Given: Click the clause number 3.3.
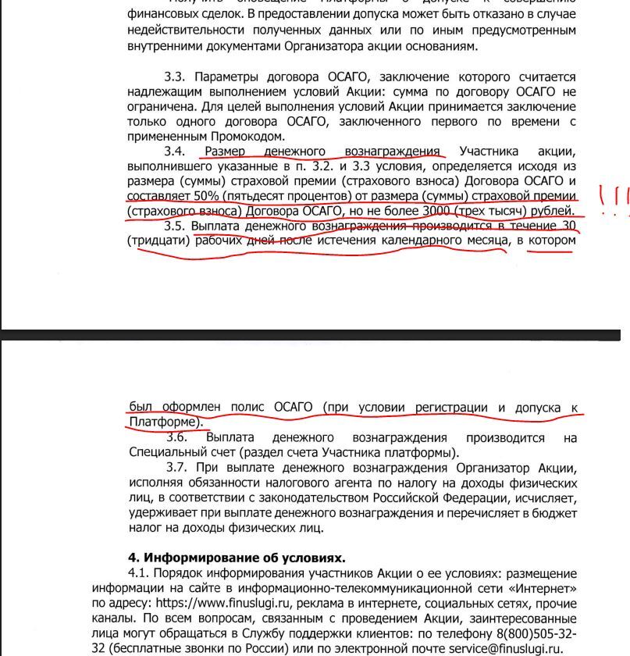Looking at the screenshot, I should pos(174,77).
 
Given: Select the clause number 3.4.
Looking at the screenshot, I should pos(174,151).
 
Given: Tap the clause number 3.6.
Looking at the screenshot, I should pos(176,437).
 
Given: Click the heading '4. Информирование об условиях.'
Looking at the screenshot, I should pos(236,558).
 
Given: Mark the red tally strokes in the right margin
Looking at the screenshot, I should pos(612,196).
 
